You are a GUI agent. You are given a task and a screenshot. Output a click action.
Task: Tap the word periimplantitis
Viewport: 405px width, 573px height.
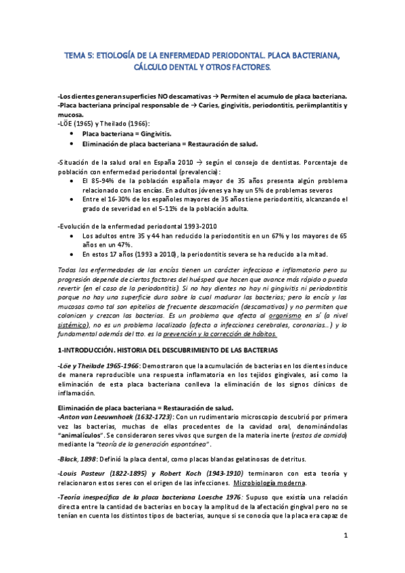click(x=317, y=106)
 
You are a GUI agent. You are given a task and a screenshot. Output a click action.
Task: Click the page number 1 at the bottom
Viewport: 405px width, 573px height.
click(x=345, y=536)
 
